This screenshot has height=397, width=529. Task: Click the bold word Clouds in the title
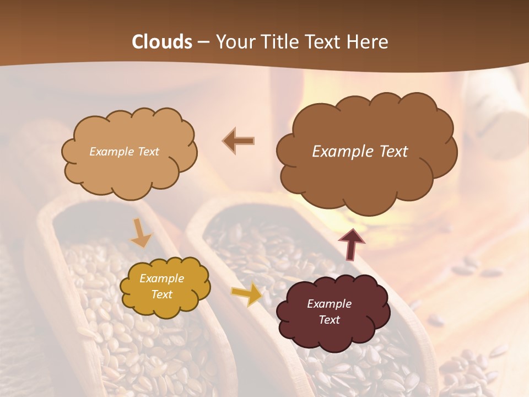click(162, 42)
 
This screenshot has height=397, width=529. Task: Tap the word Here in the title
click(367, 42)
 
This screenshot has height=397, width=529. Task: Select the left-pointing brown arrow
click(239, 141)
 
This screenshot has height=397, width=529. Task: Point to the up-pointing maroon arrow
click(352, 244)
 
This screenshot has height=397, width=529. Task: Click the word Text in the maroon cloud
click(329, 320)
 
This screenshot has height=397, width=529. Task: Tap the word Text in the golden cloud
click(161, 294)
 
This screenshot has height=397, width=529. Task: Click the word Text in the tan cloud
click(148, 152)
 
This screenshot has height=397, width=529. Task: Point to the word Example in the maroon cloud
click(329, 304)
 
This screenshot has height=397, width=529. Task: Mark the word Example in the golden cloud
click(161, 278)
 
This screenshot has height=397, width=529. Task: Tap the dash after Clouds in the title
click(203, 42)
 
